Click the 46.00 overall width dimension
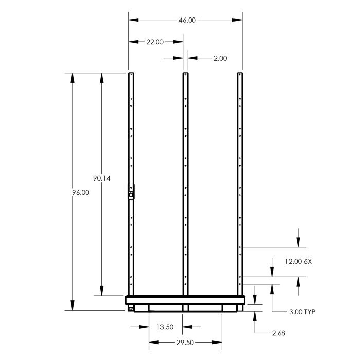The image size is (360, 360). (x=187, y=20)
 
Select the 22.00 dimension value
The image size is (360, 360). (x=155, y=42)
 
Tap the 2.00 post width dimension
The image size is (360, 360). (x=220, y=58)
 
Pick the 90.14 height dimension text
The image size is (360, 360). (x=102, y=179)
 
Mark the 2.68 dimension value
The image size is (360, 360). (x=278, y=333)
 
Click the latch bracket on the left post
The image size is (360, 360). (x=131, y=192)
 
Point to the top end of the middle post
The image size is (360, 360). (x=185, y=74)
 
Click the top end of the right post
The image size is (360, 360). (x=240, y=74)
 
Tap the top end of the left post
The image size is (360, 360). (x=131, y=74)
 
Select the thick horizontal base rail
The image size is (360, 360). (x=185, y=299)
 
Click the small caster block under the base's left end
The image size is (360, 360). (x=131, y=309)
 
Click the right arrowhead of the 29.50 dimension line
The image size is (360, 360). (x=219, y=341)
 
